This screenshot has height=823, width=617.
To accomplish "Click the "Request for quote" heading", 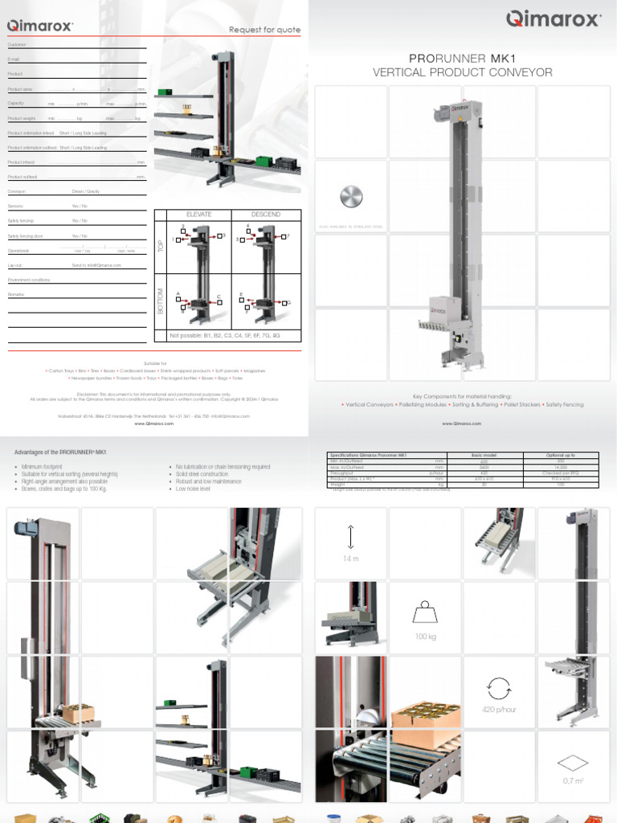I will (264, 30).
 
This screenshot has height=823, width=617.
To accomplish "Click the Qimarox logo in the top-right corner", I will (553, 19).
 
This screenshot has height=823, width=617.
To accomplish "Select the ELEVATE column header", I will (198, 215).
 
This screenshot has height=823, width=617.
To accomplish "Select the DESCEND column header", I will (266, 215).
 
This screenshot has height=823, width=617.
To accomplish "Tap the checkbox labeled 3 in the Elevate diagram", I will (219, 236).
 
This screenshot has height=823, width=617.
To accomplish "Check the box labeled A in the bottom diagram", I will (184, 302).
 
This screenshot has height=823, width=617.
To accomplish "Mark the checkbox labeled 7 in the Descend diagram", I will (284, 237).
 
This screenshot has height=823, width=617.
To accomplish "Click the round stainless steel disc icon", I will (351, 197).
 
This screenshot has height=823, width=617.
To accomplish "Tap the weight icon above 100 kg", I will (424, 613).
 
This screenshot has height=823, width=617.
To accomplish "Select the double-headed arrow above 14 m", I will (351, 537).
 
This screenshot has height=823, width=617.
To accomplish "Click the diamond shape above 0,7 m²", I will (572, 761).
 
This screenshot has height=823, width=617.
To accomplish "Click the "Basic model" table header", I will (484, 455).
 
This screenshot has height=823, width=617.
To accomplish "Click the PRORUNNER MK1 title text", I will (462, 59).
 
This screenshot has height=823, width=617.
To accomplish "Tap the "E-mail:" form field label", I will (14, 59).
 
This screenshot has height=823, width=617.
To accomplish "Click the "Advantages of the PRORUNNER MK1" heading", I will (60, 452).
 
